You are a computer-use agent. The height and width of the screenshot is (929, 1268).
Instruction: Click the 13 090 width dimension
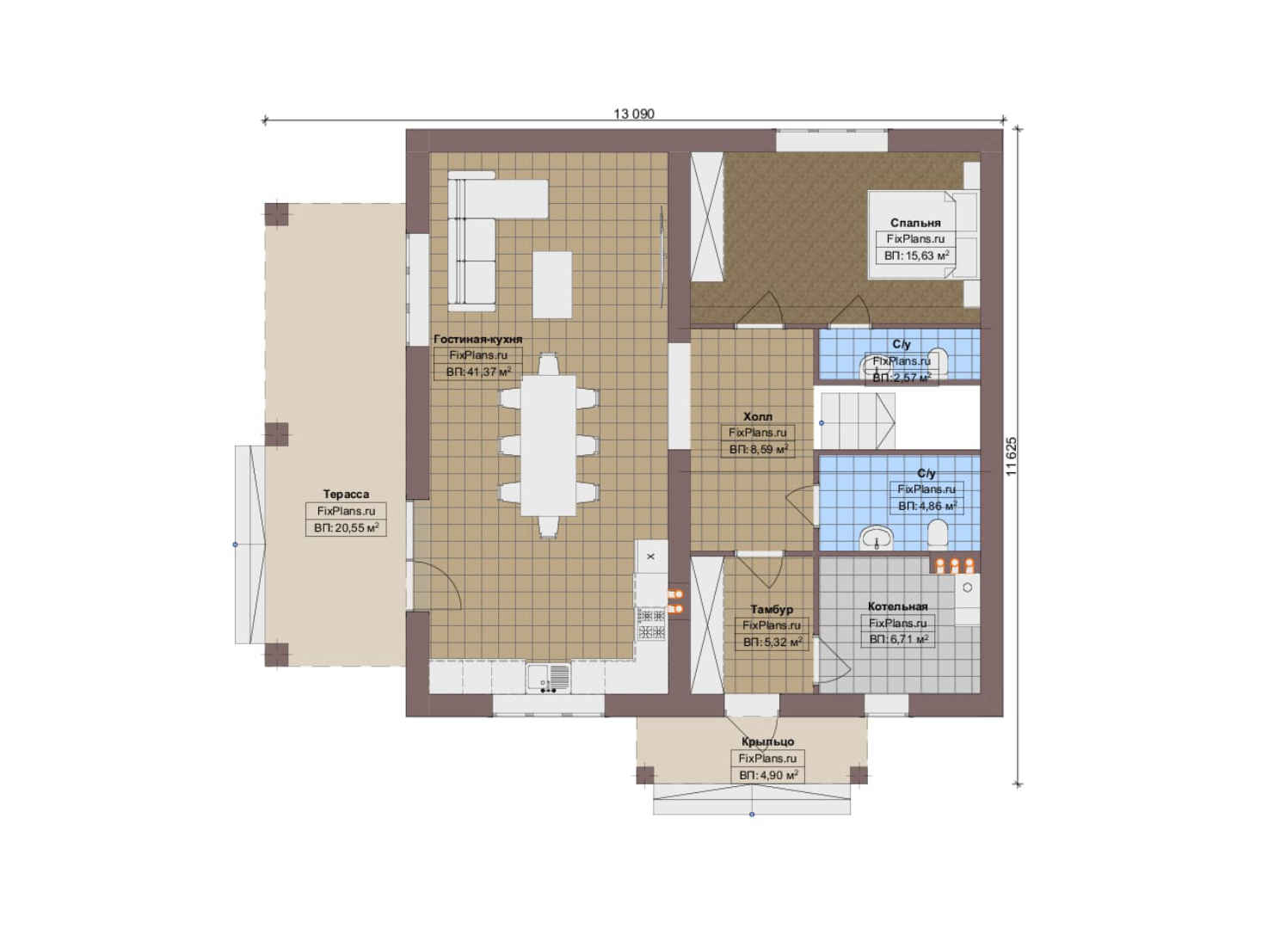pyautogui.click(x=634, y=114)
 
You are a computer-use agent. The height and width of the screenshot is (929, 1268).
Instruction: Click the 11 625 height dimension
pyautogui.click(x=1013, y=456)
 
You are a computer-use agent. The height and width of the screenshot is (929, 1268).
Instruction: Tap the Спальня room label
pyautogui.click(x=915, y=223)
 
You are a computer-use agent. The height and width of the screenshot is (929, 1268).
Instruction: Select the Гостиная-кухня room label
pyautogui.click(x=477, y=339)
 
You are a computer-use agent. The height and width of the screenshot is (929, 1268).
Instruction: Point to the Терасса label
pyautogui.click(x=346, y=495)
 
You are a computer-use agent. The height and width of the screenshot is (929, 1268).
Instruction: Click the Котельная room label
pyautogui.click(x=898, y=606)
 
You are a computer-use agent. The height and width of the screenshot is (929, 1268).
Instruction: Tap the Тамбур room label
pyautogui.click(x=772, y=609)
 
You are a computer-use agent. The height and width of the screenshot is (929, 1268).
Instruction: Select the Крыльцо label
pyautogui.click(x=767, y=741)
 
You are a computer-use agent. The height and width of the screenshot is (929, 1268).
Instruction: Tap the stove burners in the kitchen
pyautogui.click(x=651, y=624)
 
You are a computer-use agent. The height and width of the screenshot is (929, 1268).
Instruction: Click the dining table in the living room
pyautogui.click(x=548, y=446)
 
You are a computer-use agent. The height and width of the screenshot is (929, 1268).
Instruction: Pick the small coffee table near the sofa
pyautogui.click(x=552, y=285)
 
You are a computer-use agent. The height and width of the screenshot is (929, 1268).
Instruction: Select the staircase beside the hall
pyautogui.click(x=858, y=421)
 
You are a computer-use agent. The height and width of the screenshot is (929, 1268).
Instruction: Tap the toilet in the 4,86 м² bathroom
pyautogui.click(x=938, y=534)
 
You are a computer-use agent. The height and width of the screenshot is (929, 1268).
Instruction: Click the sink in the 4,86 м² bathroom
pyautogui.click(x=877, y=538)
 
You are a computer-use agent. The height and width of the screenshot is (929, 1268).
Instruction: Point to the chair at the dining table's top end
pyautogui.click(x=548, y=364)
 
